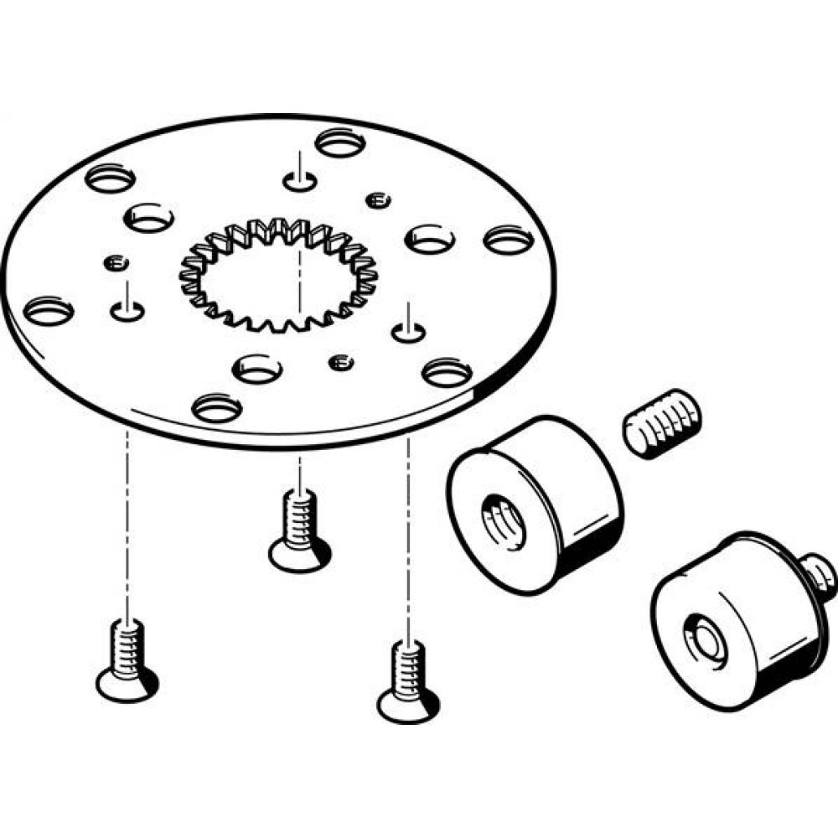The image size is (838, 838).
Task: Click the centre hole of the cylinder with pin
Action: coord(703,637)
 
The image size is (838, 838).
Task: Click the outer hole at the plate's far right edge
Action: coord(509,240)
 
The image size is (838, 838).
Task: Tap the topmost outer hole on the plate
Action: coord(341,142)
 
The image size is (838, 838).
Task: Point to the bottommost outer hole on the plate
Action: coord(217,408)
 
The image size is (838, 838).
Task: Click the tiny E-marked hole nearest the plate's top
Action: coord(380,199)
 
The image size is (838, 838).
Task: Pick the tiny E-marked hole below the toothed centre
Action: coord(339,362)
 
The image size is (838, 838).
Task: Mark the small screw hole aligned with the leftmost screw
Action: coord(127,311)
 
